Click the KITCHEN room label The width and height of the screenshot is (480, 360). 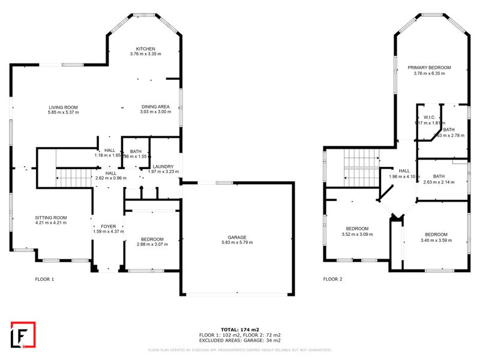[145, 49]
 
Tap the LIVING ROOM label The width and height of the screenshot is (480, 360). [64, 107]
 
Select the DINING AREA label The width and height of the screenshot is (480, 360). [155, 107]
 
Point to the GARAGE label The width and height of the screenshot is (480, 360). [237, 237]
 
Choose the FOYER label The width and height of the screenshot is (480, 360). [108, 226]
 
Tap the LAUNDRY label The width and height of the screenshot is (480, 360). [163, 167]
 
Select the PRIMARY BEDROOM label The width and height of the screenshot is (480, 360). [429, 68]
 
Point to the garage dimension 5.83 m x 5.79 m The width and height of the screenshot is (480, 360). [237, 242]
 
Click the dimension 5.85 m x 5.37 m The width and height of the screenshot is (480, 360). [64, 113]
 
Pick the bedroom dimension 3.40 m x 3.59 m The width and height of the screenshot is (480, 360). [436, 240]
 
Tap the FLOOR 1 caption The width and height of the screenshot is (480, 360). [44, 279]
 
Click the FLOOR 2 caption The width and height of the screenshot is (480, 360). [332, 279]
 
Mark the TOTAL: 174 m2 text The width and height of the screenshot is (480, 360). [239, 329]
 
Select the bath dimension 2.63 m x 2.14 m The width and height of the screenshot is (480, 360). [439, 182]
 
